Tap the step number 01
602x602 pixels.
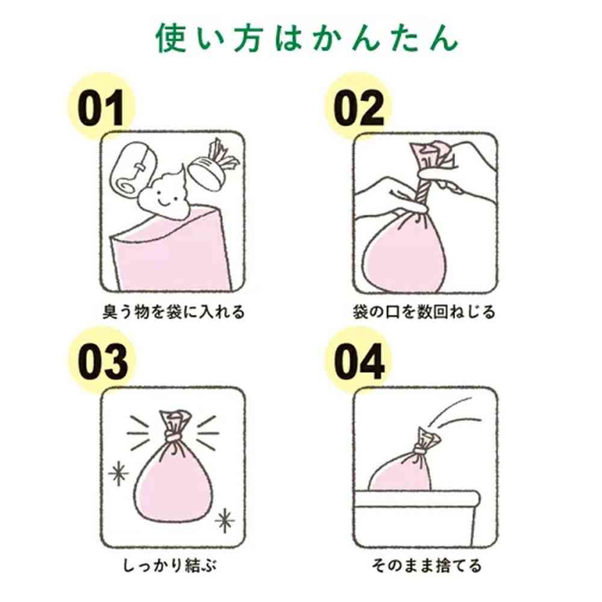[x=101, y=108]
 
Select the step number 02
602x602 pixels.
[x=359, y=108]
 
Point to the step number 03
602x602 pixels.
[x=103, y=362]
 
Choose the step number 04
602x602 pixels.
[x=359, y=362]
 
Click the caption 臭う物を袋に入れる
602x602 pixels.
[x=173, y=312]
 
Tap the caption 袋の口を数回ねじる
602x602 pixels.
[x=424, y=312]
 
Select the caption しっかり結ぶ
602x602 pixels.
[x=170, y=565]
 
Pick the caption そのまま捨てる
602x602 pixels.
[x=427, y=565]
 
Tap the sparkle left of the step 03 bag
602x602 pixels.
[x=118, y=473]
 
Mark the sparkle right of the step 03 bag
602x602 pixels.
[x=225, y=521]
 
